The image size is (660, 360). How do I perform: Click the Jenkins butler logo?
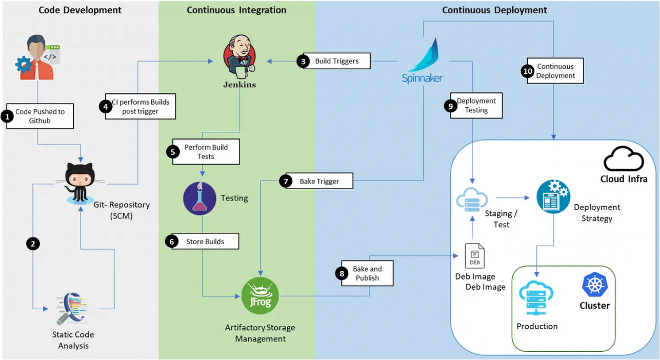pyautogui.click(x=239, y=59)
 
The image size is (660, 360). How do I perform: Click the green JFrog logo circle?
pyautogui.click(x=260, y=296)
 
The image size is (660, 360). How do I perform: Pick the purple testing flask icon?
pyautogui.click(x=199, y=198)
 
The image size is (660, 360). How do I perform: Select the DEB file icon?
pyautogui.click(x=474, y=256)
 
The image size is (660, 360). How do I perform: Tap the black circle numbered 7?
pyautogui.click(x=285, y=181)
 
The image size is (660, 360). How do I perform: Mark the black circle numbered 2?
pyautogui.click(x=33, y=244)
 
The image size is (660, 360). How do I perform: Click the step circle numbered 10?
pyautogui.click(x=528, y=71)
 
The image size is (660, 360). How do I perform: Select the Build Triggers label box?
pyautogui.click(x=336, y=61)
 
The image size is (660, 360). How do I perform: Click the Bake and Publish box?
pyautogui.click(x=367, y=273)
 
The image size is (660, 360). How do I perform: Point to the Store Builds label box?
pyautogui.click(x=205, y=242)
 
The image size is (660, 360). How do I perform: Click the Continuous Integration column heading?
pyautogui.click(x=236, y=10)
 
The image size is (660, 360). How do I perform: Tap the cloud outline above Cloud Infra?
pyautogui.click(x=623, y=159)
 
